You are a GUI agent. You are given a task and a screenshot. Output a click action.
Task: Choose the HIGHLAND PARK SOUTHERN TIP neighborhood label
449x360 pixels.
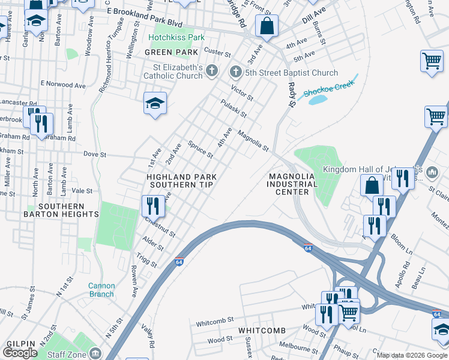click(181, 181)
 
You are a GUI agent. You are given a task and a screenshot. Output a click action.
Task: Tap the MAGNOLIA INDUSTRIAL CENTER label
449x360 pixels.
click(292, 184)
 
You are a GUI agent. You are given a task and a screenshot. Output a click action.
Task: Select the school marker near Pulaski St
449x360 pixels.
click(154, 103)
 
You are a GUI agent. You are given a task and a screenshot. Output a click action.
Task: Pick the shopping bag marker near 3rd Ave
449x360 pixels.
click(266, 26)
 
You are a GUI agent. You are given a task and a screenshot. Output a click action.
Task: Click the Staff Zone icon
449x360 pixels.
click(95, 352)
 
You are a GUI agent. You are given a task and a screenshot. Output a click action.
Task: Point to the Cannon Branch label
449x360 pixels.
click(101, 290)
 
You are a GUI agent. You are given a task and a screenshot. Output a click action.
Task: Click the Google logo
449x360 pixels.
click(20, 353)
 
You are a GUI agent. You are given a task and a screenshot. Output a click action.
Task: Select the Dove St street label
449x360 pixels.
click(94, 154)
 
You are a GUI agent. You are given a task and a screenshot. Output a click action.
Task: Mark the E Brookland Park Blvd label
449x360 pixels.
click(144, 11)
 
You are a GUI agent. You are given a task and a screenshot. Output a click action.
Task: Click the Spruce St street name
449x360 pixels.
click(200, 149)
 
